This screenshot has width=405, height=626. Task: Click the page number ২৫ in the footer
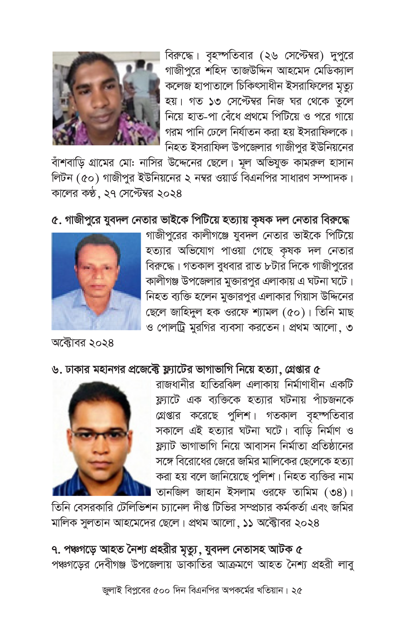click(x=297, y=590)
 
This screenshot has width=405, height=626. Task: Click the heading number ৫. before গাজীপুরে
click(x=57, y=220)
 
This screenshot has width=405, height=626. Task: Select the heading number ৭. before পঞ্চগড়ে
click(x=57, y=549)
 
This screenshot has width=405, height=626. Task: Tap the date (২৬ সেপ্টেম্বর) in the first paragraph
click(x=292, y=56)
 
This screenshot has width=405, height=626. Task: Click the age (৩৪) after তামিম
click(x=336, y=492)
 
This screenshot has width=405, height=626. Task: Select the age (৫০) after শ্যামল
click(x=294, y=312)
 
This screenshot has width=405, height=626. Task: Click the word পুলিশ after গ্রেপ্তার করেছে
click(x=240, y=416)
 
